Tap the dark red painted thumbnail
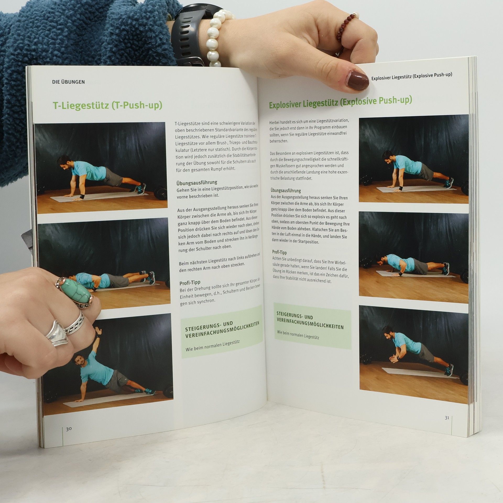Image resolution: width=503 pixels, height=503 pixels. coord(357,80)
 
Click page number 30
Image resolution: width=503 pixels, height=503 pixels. coord(69,429)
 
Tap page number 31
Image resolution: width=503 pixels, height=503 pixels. coord(447,418)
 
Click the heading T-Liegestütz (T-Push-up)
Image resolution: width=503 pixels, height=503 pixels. coord(107,105)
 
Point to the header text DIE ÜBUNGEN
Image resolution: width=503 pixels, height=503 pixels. coord(68,82)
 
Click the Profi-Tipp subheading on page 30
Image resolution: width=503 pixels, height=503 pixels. coord(190,283)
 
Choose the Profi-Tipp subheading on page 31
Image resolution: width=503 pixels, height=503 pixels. coord(279,252)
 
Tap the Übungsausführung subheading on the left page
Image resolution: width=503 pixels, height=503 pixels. coord(197,182)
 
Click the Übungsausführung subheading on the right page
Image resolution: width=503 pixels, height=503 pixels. coord(286,190)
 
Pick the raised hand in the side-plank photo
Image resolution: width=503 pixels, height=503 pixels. coord(98,331)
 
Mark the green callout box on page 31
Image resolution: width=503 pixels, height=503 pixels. coord(312,326)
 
